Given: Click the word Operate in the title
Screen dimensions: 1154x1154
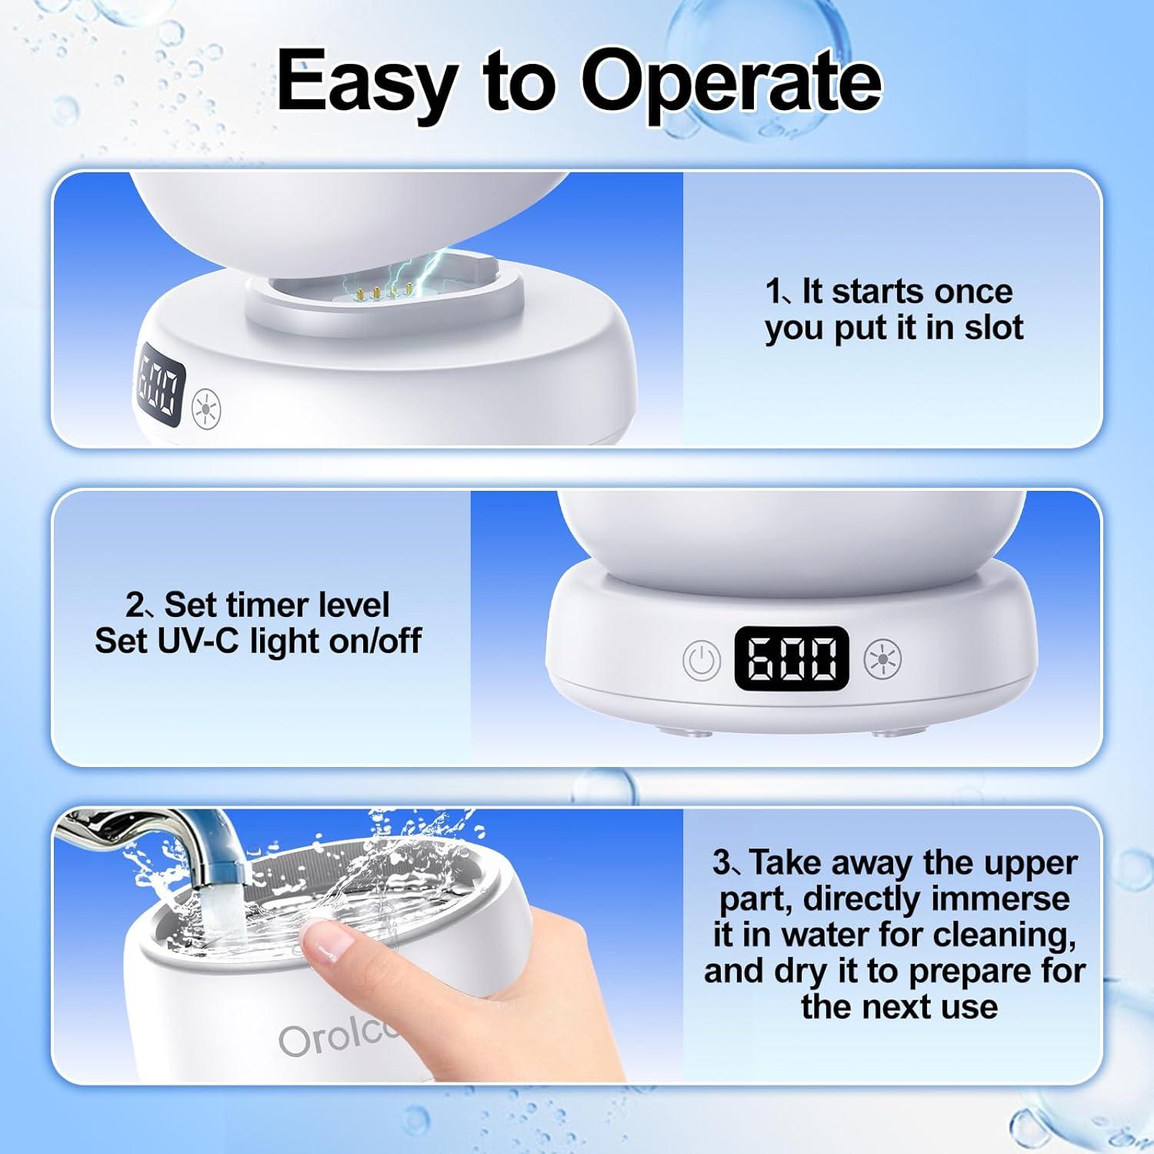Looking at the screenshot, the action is [731, 82].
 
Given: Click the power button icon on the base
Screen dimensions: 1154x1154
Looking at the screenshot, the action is [702, 660].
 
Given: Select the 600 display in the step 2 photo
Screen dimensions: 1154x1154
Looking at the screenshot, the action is [792, 658].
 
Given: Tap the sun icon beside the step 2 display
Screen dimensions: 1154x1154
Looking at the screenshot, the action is [882, 659].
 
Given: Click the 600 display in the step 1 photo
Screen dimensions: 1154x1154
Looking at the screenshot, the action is [160, 387].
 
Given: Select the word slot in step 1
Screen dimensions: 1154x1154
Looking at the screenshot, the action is [994, 327].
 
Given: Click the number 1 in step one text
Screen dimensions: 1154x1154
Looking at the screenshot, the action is [774, 292].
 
